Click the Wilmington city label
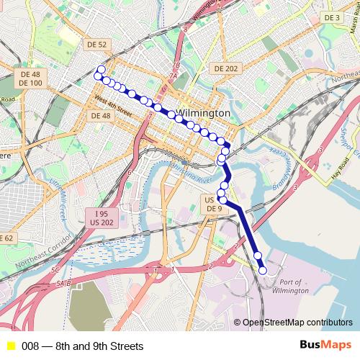(x=203, y=114)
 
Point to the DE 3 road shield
(x=331, y=17)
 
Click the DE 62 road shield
(x=6, y=238)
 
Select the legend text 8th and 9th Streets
(x=82, y=346)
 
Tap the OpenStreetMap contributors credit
(x=297, y=323)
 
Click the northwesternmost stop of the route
(x=100, y=70)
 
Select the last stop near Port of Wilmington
(x=263, y=271)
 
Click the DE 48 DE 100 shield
(x=31, y=78)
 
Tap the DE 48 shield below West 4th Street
(x=99, y=116)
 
